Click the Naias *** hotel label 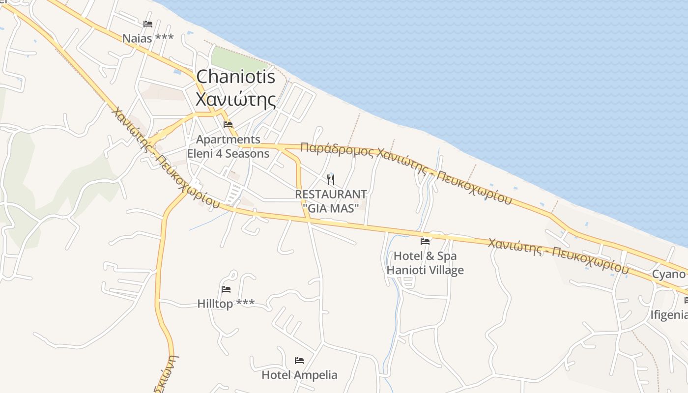point(147,38)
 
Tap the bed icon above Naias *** point(147,24)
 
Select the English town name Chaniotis point(235,77)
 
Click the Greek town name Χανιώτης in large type point(235,99)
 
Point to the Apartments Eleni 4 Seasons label point(228,146)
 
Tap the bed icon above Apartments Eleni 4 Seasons point(228,124)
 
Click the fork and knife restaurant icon point(331,179)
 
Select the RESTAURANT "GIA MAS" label point(331,201)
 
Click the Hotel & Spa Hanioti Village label point(425,263)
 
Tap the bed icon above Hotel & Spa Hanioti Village point(425,241)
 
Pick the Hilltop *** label point(226,304)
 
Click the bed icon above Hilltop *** point(226,289)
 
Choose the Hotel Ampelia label point(299,375)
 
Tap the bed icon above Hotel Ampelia point(299,361)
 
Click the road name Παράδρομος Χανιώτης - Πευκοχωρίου point(405,172)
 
